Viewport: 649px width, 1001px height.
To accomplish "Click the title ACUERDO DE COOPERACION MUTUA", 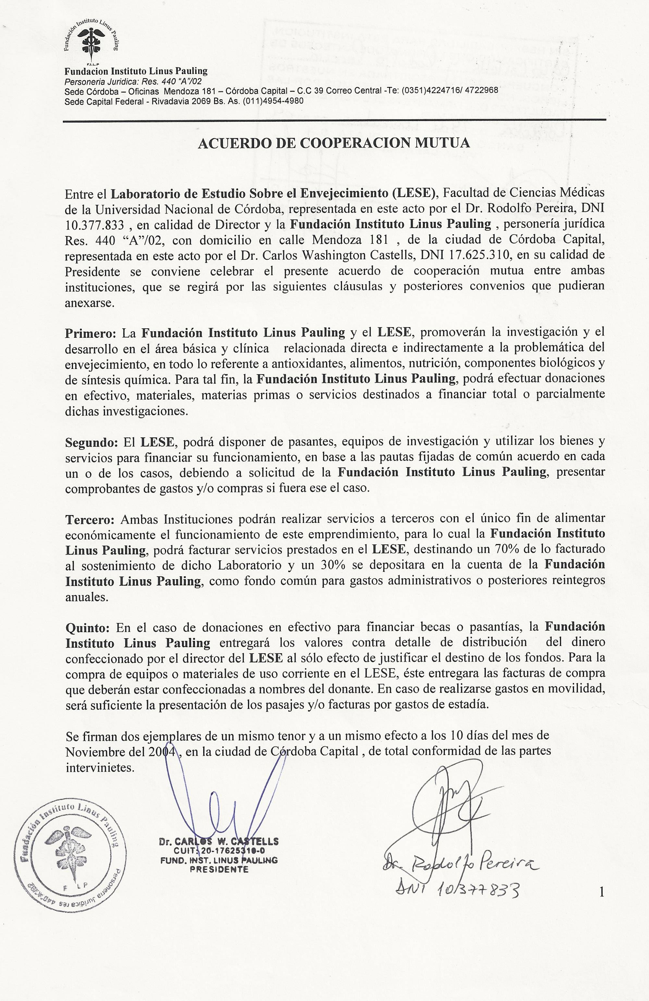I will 334,143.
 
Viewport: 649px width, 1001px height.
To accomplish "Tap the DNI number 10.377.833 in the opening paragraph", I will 95,225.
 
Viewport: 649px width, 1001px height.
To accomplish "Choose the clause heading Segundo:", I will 92,443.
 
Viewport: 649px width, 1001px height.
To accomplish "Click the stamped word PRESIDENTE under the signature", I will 219,869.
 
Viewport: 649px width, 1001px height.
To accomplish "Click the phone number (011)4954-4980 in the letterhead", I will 273,101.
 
